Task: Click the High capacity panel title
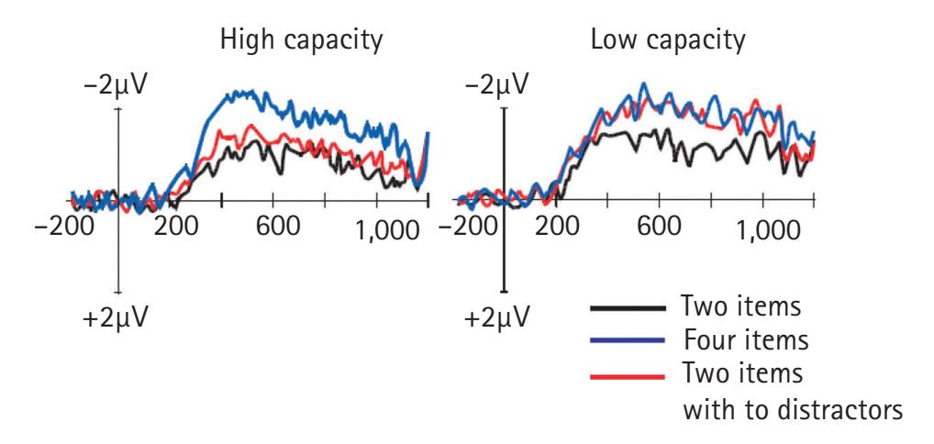click(301, 42)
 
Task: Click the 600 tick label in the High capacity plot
click(298, 229)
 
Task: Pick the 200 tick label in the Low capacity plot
click(565, 229)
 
